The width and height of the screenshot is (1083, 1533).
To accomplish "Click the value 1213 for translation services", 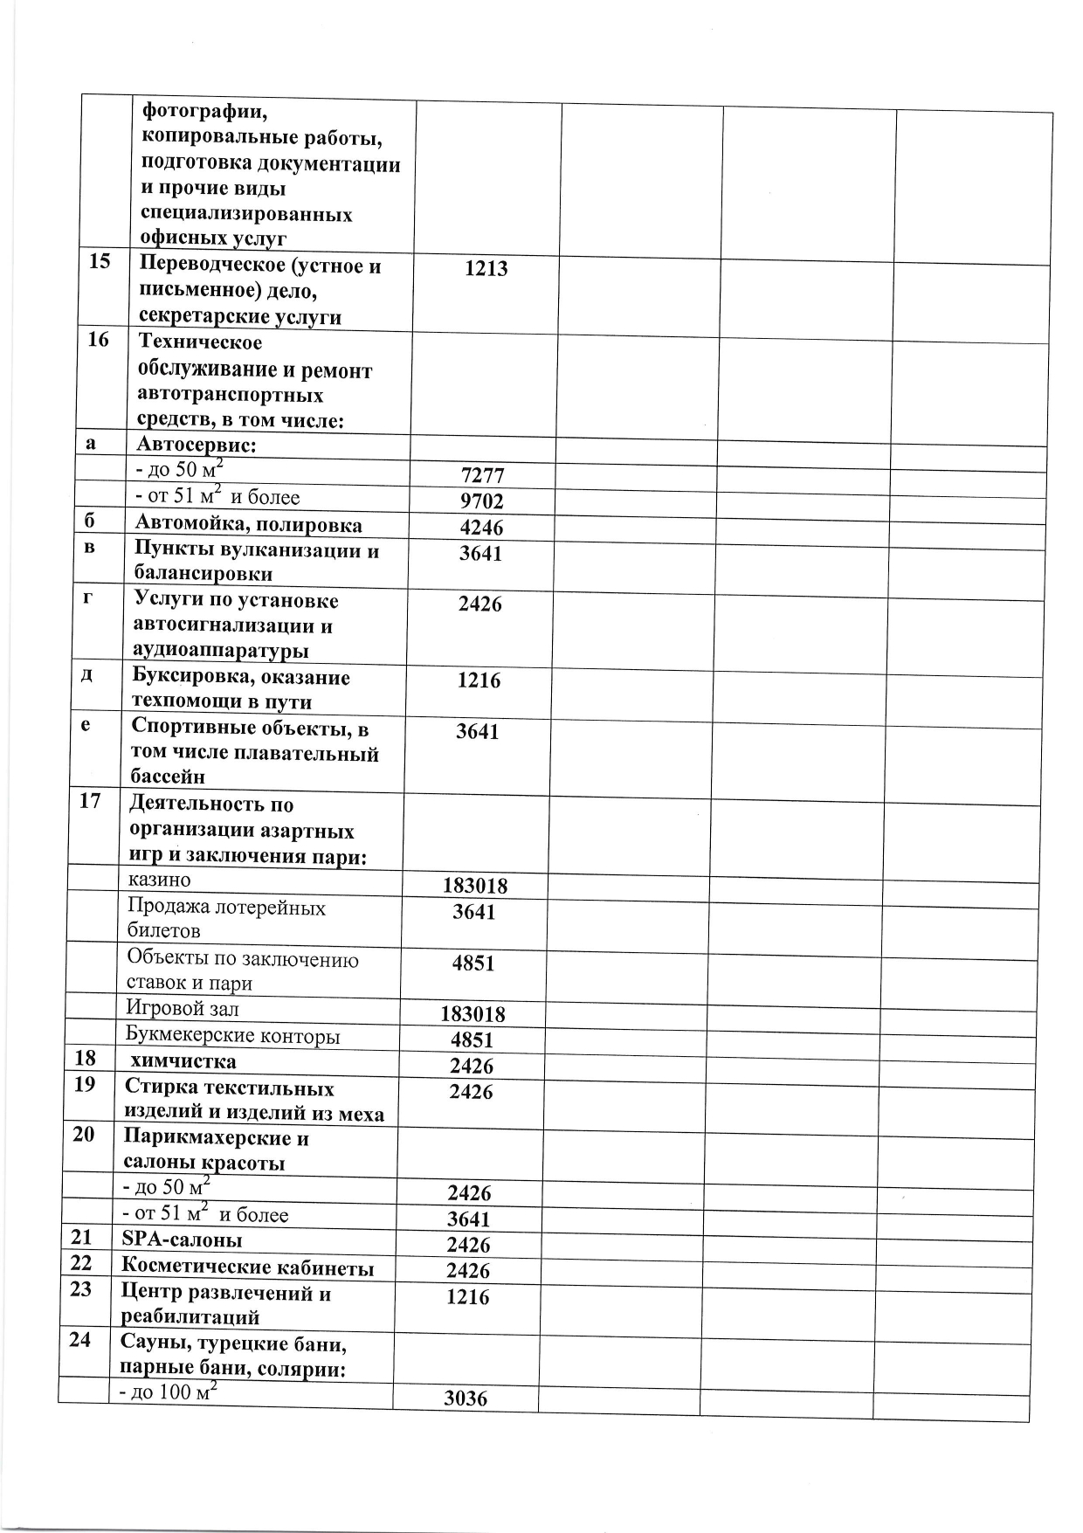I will [486, 269].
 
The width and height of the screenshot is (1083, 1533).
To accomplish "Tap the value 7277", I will [482, 477].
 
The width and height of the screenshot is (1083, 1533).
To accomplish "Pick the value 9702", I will [482, 502].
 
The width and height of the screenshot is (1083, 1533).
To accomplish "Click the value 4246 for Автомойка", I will [481, 528].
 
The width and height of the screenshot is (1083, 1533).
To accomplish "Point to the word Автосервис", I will [195, 445].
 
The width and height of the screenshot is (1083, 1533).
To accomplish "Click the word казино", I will [159, 880].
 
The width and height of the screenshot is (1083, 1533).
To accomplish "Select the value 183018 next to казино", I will [475, 887].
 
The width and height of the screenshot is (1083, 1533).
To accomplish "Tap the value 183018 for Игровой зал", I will [473, 1015].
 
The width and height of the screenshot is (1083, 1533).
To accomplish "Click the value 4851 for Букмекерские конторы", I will [473, 1040].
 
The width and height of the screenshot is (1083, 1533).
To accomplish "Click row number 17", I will [90, 801].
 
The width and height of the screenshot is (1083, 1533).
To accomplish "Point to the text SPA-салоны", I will [182, 1240].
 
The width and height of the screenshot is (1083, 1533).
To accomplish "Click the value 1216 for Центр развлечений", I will [468, 1297].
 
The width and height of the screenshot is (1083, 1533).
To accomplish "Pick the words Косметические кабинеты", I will [248, 1267].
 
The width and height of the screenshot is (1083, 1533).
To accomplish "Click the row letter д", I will [87, 676].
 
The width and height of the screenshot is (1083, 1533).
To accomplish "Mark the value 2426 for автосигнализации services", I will [480, 604].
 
